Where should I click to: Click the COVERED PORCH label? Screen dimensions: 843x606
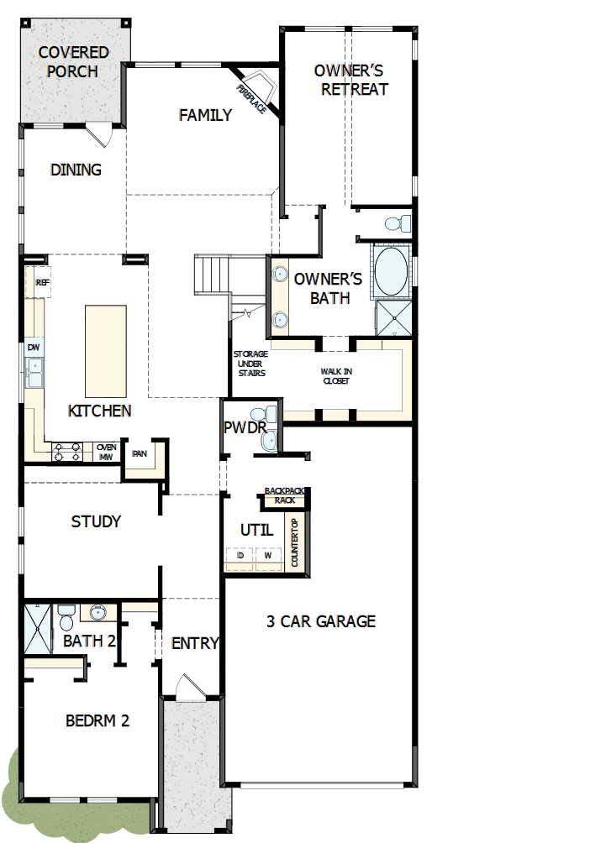[x=73, y=62]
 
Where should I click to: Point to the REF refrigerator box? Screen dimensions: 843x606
[x=43, y=283]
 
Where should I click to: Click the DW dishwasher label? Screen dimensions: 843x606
[x=34, y=347]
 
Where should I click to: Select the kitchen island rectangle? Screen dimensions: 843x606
[x=106, y=351]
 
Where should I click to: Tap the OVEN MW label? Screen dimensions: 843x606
[x=106, y=453]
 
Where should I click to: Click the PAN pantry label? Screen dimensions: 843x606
[x=139, y=453]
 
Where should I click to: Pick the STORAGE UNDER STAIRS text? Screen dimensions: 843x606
[x=250, y=364]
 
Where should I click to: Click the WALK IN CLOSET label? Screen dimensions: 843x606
[x=335, y=375]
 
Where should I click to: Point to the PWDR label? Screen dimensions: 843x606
[x=245, y=427]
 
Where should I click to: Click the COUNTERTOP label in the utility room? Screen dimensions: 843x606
[x=295, y=543]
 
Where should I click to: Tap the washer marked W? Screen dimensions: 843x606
[x=268, y=556]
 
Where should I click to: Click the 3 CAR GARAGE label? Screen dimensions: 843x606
[x=321, y=621]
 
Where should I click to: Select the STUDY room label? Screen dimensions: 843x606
[x=96, y=521]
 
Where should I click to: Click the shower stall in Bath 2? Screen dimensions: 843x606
[x=38, y=629]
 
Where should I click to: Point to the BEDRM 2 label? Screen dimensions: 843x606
[x=97, y=720]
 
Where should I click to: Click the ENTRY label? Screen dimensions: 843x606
[x=195, y=644]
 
